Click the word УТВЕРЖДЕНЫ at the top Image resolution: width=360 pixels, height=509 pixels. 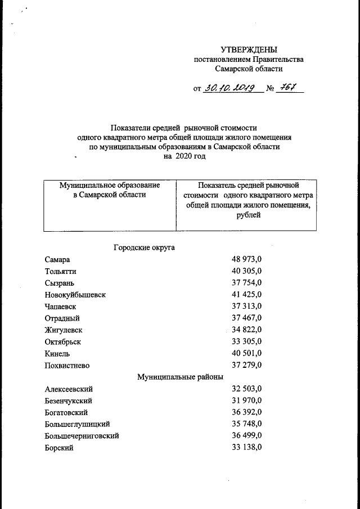point(249,49)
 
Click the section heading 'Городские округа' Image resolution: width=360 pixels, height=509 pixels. point(145,247)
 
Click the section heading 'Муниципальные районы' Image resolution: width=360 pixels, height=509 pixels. point(180,377)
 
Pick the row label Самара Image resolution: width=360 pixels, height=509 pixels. point(58,259)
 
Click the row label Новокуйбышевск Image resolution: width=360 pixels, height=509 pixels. point(75,295)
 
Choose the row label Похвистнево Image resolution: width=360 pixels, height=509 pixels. point(67,366)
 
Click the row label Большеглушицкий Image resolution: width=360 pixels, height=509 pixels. point(77,424)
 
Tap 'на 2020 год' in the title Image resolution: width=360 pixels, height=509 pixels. point(184,156)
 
